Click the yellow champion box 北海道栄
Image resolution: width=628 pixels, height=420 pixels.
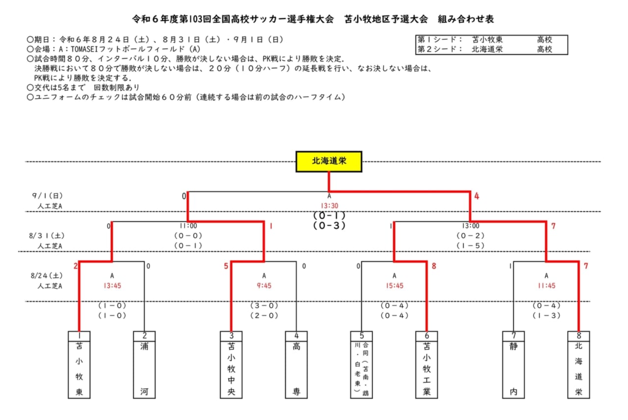329,161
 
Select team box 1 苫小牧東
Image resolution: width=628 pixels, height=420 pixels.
79,364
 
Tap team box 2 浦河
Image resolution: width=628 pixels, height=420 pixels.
144,364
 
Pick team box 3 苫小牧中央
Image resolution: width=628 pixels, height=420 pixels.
231,364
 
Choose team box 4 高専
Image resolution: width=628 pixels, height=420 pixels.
296,364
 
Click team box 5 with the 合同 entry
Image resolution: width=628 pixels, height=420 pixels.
362,364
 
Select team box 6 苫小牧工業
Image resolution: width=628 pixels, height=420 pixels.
426,364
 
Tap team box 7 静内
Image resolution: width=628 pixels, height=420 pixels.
513,364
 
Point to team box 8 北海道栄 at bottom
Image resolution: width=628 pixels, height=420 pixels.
578,364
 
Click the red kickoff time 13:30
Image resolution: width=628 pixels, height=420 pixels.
329,206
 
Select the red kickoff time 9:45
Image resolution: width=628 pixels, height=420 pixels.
264,285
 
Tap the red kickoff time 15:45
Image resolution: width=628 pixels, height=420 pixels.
394,285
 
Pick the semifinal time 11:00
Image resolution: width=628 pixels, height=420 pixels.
188,226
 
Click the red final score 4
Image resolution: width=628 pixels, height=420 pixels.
476,196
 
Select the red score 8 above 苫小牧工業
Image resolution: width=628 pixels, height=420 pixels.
434,266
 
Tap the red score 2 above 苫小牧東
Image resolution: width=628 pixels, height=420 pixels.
76,266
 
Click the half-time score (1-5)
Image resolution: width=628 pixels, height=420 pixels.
471,245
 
